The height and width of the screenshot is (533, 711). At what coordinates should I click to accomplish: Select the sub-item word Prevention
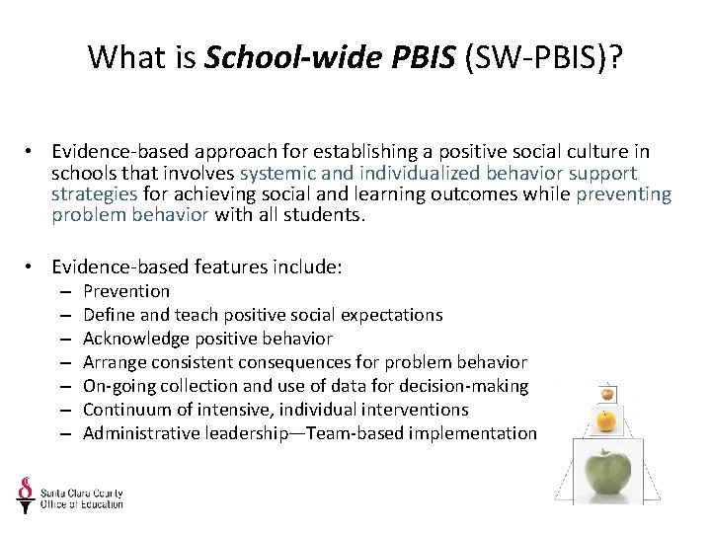coord(126,291)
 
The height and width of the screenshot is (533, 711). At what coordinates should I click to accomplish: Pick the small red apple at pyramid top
coord(605,392)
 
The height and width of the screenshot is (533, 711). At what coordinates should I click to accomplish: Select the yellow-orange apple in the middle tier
coord(605,421)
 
